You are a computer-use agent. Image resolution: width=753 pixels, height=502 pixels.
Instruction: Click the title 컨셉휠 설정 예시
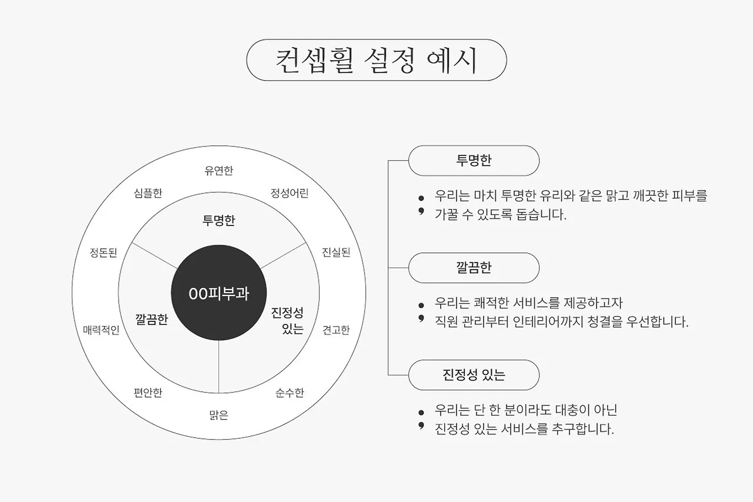point(376,60)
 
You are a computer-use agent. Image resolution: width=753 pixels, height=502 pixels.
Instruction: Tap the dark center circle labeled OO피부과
point(219,293)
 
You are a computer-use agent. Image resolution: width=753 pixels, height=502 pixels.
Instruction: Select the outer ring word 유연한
point(219,171)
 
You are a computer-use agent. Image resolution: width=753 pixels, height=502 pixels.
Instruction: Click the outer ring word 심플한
point(148,193)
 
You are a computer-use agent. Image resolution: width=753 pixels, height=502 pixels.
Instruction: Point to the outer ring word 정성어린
point(289,193)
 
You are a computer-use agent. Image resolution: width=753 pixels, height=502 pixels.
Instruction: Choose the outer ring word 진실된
point(336,252)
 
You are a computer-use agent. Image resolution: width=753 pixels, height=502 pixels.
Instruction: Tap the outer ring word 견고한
point(336,330)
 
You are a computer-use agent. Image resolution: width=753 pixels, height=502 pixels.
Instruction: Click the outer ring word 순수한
point(289,393)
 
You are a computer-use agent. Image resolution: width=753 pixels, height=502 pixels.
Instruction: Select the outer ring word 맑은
point(219,415)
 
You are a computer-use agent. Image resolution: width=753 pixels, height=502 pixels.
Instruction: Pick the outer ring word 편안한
point(148,393)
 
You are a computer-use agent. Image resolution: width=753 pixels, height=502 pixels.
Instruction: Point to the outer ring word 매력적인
point(101,330)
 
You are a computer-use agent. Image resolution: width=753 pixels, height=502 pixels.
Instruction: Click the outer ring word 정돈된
point(103,252)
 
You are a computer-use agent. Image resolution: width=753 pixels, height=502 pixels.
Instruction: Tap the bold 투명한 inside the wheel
point(219,221)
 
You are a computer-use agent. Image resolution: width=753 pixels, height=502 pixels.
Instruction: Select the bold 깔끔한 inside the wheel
point(151,320)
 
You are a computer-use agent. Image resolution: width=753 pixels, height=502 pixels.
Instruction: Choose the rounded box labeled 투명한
point(474,161)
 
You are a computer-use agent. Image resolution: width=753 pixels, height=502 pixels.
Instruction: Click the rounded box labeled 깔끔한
point(474,268)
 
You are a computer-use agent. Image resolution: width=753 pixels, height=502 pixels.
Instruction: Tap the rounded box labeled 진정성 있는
point(474,375)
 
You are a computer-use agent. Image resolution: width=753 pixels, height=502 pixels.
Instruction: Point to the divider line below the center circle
point(219,368)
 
